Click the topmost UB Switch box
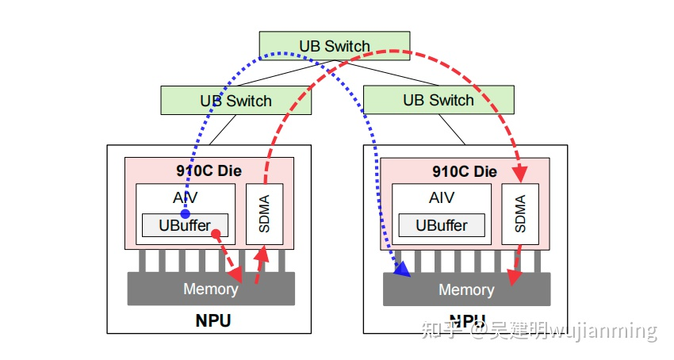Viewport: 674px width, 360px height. pyautogui.click(x=334, y=46)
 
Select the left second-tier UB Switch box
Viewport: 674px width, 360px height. pyautogui.click(x=236, y=101)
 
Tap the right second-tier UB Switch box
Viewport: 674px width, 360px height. pyautogui.click(x=438, y=100)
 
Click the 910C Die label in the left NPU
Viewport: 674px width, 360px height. pyautogui.click(x=209, y=170)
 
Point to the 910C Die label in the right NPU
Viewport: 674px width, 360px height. pyautogui.click(x=465, y=171)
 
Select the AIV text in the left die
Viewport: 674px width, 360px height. pyautogui.click(x=185, y=198)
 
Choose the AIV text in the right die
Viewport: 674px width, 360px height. pyautogui.click(x=442, y=198)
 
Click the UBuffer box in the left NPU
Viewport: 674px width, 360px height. pyautogui.click(x=185, y=225)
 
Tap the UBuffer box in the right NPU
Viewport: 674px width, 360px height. pyautogui.click(x=441, y=225)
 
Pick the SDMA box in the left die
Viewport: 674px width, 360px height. pyautogui.click(x=265, y=214)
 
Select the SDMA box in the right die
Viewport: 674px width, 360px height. pyautogui.click(x=520, y=214)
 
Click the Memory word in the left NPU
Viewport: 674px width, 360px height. pyautogui.click(x=210, y=289)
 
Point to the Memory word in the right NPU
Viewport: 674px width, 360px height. pyautogui.click(x=466, y=289)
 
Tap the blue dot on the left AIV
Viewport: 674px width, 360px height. pyautogui.click(x=185, y=214)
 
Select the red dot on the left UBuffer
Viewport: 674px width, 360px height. pyautogui.click(x=216, y=233)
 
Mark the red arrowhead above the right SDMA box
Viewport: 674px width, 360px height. pyautogui.click(x=521, y=174)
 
